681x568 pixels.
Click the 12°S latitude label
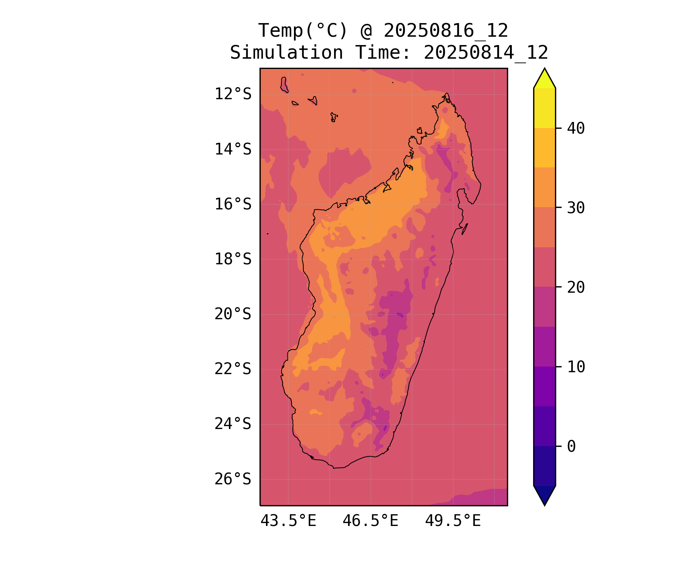[x=233, y=94]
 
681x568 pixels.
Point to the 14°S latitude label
[x=233, y=149]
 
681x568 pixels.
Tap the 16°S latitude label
[x=233, y=204]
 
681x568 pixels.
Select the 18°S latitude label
[x=233, y=259]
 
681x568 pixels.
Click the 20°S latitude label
[x=233, y=314]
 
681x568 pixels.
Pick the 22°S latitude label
[x=233, y=369]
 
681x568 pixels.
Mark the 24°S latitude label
[x=233, y=424]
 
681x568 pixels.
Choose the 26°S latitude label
[x=233, y=479]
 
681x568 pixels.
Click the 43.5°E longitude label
[x=288, y=521]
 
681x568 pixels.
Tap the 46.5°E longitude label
[x=370, y=521]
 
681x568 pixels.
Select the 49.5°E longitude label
[x=453, y=521]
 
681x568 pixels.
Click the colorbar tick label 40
[x=576, y=129]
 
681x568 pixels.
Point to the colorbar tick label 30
[x=576, y=208]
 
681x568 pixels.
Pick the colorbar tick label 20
[x=576, y=287]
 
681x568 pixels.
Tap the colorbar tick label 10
[x=576, y=367]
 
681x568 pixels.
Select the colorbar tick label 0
[x=571, y=446]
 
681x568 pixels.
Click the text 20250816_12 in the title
[x=446, y=31]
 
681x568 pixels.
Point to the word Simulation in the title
[x=286, y=53]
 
